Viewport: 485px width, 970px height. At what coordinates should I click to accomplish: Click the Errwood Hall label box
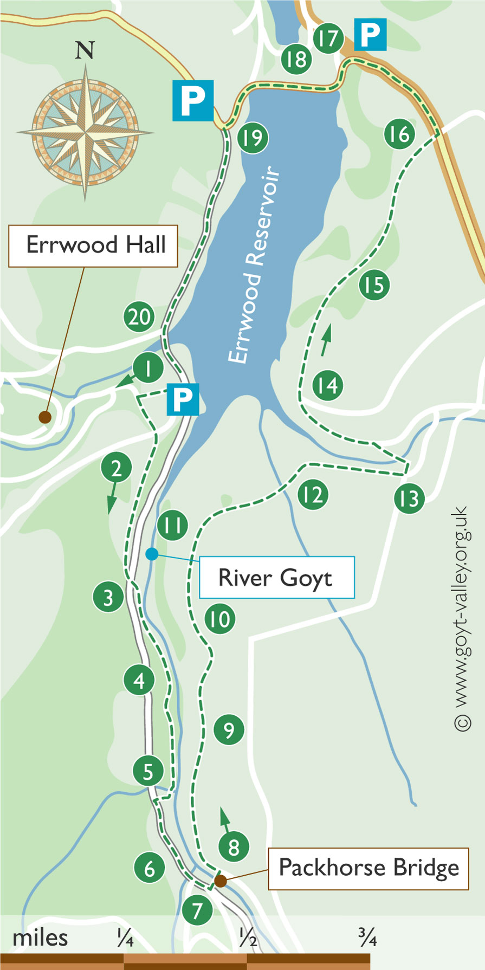pos(93,246)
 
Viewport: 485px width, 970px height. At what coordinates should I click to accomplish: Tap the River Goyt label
pos(277,578)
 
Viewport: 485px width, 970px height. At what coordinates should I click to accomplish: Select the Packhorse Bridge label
pos(368,869)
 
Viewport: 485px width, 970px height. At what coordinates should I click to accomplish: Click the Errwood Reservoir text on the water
pos(255,265)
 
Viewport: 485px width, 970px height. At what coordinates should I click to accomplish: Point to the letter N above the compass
pos(85,50)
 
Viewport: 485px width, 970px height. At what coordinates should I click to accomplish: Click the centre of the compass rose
pos(85,132)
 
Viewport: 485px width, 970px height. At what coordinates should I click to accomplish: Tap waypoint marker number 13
pos(409,497)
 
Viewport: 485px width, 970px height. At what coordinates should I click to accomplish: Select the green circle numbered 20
pos(139,317)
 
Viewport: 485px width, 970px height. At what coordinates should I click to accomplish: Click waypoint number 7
pos(197,910)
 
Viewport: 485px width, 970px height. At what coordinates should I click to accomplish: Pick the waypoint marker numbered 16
pos(399,134)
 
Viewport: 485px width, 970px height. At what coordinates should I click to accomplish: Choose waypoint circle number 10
pos(220,619)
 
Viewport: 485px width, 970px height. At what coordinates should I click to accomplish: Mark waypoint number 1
pos(148,369)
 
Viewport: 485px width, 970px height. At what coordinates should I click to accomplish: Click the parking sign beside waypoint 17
pos(371,35)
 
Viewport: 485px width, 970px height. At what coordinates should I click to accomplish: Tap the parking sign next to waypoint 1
pos(183,400)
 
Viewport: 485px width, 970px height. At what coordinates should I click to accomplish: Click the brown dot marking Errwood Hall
pos(44,417)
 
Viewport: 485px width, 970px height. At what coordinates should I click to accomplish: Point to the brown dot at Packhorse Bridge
pos(219,881)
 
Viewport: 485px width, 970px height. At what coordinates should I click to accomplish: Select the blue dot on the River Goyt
pos(152,554)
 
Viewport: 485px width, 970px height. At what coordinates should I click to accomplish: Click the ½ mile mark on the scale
pos(248,938)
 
